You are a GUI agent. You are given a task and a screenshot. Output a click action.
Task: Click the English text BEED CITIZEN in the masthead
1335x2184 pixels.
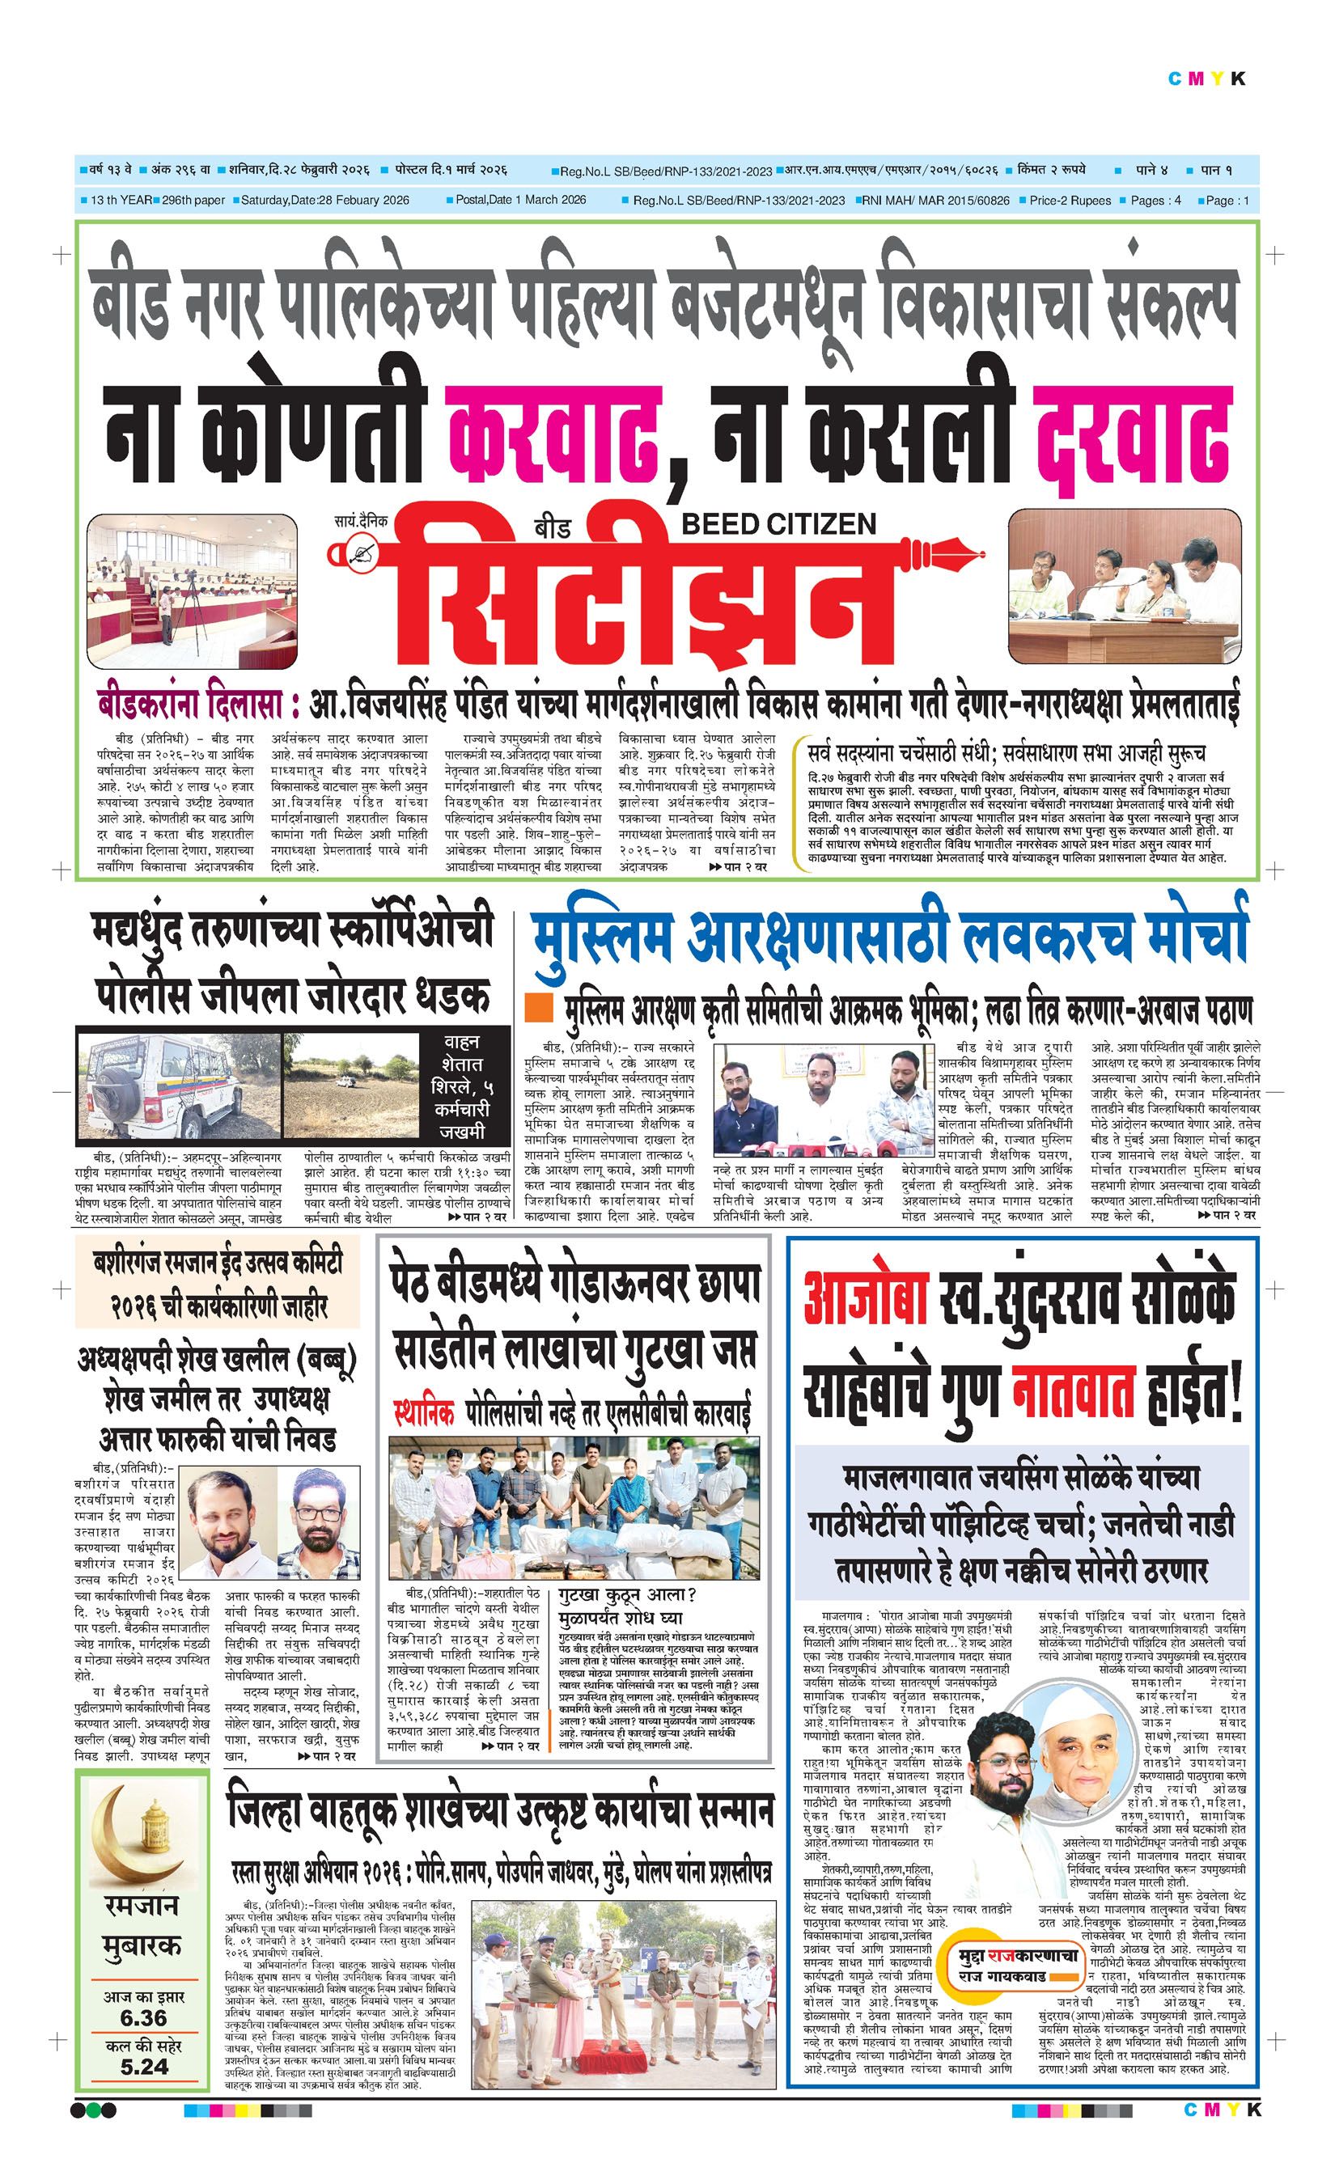click(778, 524)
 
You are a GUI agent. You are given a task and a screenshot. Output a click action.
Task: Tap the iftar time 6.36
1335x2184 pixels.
click(142, 2017)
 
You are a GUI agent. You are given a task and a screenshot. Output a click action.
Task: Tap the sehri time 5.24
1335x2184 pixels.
click(142, 2066)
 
